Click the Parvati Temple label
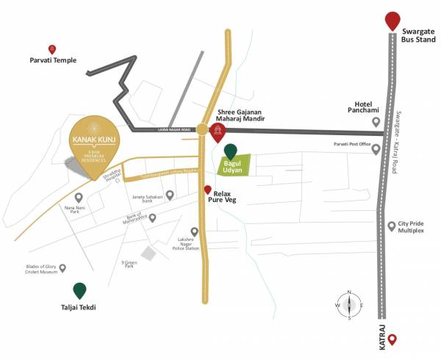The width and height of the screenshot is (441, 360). point(52,61)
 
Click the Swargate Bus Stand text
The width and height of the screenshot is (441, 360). point(420,37)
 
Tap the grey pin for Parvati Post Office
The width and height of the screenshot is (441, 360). point(376,149)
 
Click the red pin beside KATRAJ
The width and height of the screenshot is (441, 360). point(392,339)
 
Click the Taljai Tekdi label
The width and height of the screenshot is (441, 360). point(79,309)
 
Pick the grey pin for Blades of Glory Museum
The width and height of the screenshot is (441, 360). point(63,268)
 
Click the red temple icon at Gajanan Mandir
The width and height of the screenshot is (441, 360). point(218,133)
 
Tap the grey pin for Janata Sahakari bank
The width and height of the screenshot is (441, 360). point(170,195)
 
